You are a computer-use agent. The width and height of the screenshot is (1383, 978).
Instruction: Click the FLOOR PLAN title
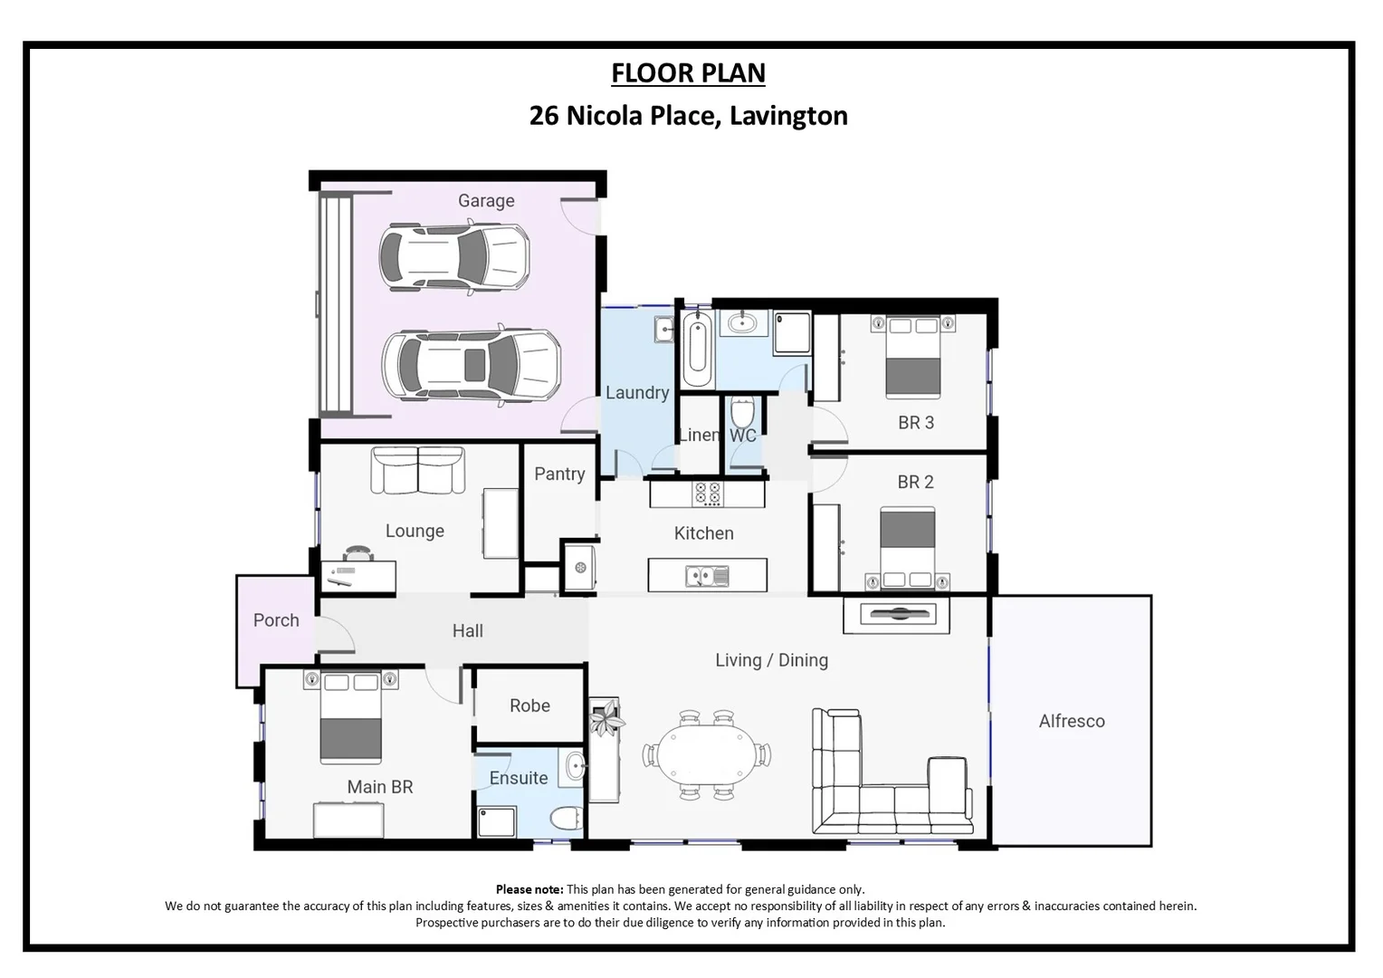pos(688,72)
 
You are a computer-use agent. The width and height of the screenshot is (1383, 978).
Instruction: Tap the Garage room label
pos(486,200)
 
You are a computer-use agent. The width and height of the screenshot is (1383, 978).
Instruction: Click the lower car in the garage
pos(471,364)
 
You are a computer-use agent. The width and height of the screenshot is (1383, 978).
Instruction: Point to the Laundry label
pos(637,392)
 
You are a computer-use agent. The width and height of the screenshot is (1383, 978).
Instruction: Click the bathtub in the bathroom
pos(696,350)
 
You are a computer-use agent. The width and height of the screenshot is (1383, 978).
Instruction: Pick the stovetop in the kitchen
pos(707,494)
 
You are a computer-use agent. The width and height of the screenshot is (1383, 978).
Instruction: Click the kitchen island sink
pos(707,575)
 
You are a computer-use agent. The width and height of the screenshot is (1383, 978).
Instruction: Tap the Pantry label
pos(559,474)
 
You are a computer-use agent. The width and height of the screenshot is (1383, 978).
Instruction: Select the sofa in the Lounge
pos(418,470)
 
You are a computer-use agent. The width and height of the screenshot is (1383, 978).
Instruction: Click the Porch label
pos(276,620)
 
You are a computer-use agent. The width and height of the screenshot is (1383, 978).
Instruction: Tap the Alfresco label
pos(1072,721)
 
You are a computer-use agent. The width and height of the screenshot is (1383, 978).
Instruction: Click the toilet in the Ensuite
pos(567,818)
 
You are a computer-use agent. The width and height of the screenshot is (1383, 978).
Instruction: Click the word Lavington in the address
pos(788,116)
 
